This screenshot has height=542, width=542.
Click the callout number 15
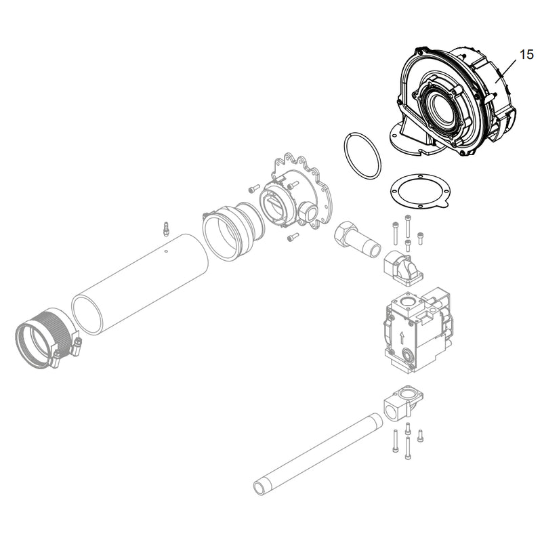(x=527, y=55)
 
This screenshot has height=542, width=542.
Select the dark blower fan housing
(x=453, y=102)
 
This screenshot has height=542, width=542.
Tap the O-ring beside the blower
(x=362, y=156)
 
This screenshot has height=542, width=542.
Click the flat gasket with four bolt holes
(x=420, y=191)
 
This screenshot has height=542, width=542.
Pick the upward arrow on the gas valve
(x=402, y=337)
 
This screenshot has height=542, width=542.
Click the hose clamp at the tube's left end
(x=48, y=339)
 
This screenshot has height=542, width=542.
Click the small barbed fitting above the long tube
(x=166, y=229)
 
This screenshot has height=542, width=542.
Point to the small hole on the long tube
(x=166, y=251)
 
